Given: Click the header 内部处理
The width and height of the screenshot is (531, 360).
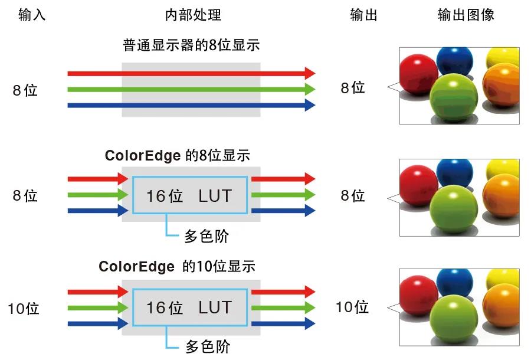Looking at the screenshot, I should click(x=193, y=15).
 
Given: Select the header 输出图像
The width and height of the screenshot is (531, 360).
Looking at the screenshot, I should click(x=466, y=15).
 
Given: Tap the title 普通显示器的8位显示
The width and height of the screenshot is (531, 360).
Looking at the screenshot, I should click(x=191, y=45).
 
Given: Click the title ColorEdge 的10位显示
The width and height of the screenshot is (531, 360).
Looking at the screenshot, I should click(x=177, y=266).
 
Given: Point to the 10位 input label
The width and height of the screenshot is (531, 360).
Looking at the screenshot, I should click(x=24, y=308).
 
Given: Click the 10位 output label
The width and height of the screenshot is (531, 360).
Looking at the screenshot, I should click(x=352, y=307).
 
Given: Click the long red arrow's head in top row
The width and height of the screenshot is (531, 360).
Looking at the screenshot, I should click(x=310, y=73).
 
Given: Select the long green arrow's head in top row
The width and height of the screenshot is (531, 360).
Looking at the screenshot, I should click(x=310, y=90).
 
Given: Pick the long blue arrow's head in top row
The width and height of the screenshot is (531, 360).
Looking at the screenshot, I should click(x=310, y=106).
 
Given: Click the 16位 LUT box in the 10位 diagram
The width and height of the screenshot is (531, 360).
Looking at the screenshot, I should click(x=189, y=307).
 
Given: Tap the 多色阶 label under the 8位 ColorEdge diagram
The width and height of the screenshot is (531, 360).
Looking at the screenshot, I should click(x=206, y=236).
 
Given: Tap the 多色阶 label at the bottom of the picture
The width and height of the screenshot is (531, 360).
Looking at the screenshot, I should click(x=207, y=346).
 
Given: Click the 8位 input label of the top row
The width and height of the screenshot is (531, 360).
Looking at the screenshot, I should click(x=25, y=90).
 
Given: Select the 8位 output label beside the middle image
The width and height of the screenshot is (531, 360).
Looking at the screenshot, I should click(x=353, y=196).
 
